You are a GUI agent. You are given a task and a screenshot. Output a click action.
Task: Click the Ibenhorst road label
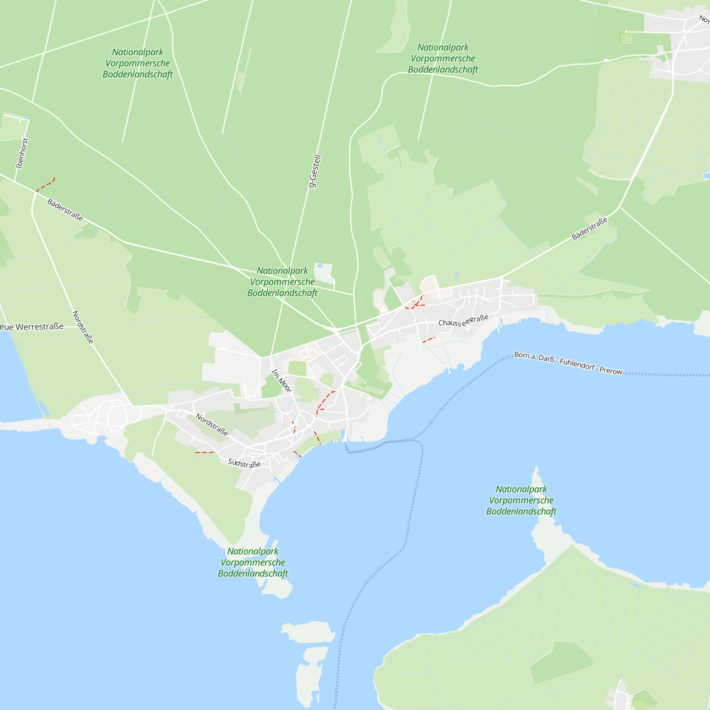[x=22, y=153]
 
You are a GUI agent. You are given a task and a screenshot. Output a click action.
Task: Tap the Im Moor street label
[x=281, y=381]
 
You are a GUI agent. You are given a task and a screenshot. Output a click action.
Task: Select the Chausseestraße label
[x=463, y=320]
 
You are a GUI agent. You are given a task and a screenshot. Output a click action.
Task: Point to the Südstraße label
[x=244, y=463]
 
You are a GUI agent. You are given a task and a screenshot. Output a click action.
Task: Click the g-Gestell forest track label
[x=315, y=171]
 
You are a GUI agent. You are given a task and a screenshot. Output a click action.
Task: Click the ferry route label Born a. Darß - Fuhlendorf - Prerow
[x=568, y=363]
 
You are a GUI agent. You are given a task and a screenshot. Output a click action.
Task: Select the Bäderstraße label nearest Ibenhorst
[x=65, y=210]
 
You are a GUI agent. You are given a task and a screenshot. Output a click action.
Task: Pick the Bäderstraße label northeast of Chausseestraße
[x=589, y=229]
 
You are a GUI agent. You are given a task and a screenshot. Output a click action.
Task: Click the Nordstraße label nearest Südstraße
[x=212, y=425]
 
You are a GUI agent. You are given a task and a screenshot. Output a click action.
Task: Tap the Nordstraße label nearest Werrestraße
[x=83, y=327]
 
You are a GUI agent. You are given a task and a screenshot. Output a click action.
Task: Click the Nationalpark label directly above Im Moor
[x=282, y=282]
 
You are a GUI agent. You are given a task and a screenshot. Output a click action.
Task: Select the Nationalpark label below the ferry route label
[x=521, y=500]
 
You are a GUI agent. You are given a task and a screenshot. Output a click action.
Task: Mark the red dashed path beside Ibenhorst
[x=46, y=185]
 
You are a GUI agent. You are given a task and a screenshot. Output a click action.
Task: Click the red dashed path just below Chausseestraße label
[x=428, y=340]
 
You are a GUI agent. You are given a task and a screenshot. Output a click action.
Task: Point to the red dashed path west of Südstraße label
[x=205, y=452]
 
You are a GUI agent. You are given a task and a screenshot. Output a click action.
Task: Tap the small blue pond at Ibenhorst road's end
[x=27, y=118]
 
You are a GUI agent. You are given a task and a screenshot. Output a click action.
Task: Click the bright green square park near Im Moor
[x=297, y=368]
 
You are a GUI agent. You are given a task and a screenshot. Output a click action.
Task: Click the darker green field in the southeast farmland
[x=561, y=662]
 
